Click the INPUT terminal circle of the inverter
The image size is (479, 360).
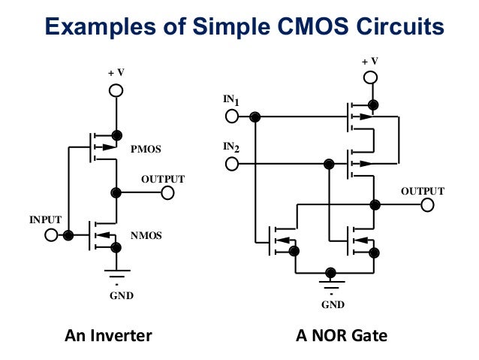pos(51,235)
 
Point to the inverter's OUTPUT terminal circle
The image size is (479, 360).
pos(167,192)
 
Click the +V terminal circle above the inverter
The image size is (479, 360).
pos(116,91)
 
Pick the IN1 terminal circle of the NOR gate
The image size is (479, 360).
pos(231,116)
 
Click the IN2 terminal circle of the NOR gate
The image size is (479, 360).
pos(231,163)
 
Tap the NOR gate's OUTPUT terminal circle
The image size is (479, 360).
pos(427,204)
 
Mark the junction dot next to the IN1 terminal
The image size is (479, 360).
pos(255,116)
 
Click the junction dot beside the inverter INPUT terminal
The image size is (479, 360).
pos(68,235)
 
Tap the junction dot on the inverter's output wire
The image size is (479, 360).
pos(116,192)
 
